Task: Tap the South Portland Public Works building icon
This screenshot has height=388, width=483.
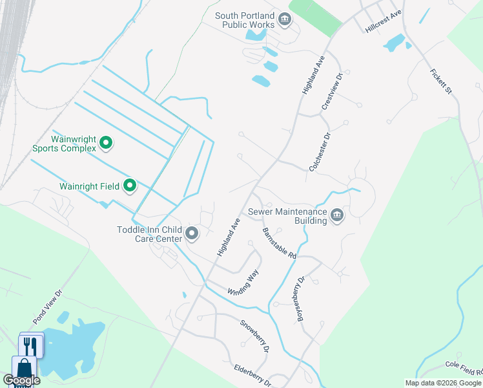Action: click(284, 21)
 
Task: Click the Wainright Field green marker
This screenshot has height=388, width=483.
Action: click(130, 186)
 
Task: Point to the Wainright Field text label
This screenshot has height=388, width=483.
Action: click(89, 186)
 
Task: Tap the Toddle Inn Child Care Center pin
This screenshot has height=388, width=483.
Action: click(191, 233)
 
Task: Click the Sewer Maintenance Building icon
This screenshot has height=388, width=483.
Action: click(336, 215)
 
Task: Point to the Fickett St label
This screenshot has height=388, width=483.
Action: click(440, 80)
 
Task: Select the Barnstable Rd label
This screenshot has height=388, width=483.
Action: click(279, 242)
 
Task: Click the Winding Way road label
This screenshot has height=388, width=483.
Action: click(243, 283)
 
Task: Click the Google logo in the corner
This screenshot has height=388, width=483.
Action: click(22, 381)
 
